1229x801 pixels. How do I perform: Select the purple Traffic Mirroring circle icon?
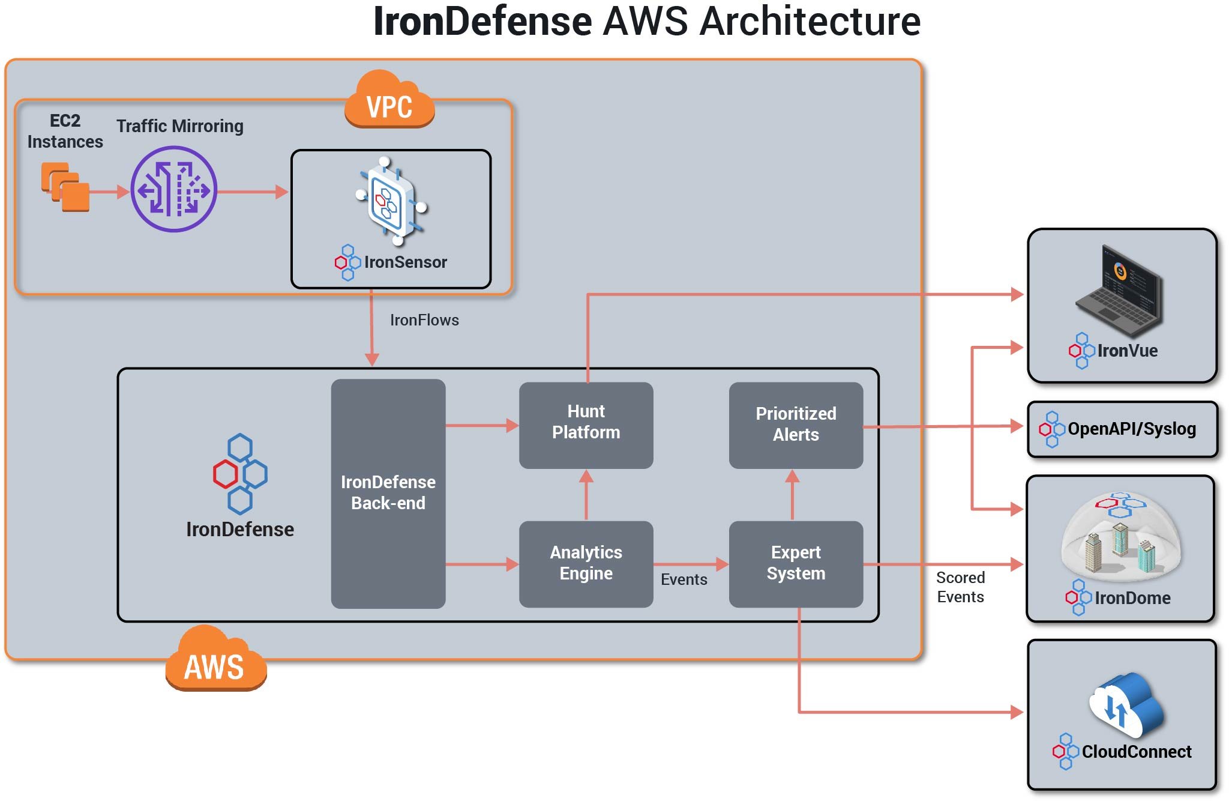[x=174, y=189]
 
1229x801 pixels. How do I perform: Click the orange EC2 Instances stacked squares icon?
[x=65, y=187]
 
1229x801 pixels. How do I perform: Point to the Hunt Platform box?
[x=586, y=425]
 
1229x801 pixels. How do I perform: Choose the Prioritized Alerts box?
[x=796, y=425]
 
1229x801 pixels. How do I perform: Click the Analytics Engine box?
[x=586, y=563]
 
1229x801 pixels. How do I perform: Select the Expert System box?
[x=796, y=563]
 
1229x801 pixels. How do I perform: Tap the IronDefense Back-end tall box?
[x=388, y=493]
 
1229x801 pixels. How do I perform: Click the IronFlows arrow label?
[x=424, y=320]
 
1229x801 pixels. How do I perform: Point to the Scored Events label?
[x=960, y=587]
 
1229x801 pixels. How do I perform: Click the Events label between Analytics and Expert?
[x=684, y=579]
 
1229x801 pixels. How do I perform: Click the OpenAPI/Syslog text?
[x=1131, y=429]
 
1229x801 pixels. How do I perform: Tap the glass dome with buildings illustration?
[x=1120, y=535]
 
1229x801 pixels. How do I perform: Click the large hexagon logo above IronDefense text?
[x=240, y=474]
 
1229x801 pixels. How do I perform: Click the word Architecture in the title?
[x=810, y=22]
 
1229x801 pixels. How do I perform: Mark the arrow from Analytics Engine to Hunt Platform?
[x=586, y=494]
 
